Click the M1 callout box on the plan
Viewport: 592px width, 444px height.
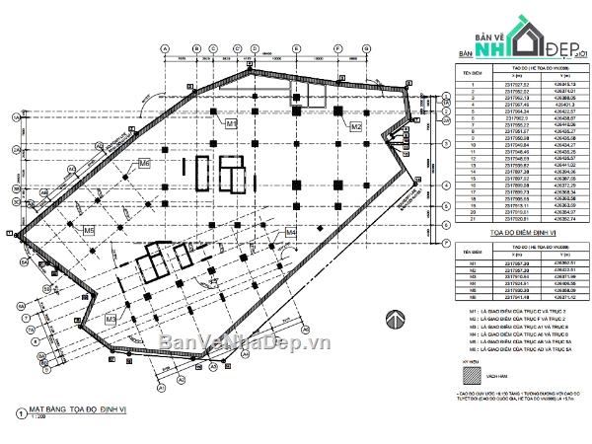tap(232, 124)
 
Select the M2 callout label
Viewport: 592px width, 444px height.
tap(356, 127)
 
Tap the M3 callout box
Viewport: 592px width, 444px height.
tap(111, 319)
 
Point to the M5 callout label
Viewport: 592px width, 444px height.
tap(89, 231)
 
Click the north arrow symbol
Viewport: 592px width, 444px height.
tap(394, 320)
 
